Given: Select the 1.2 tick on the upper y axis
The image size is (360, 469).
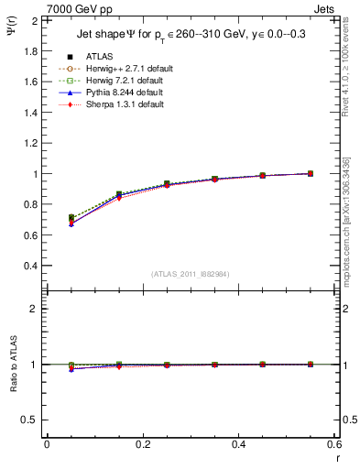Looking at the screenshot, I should pos(32,143).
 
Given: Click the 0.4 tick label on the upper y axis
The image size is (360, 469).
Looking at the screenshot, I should pos(32,266).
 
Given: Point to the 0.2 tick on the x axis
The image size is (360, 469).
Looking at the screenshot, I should pos(142,443).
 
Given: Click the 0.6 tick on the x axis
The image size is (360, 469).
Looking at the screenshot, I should pos(334,443).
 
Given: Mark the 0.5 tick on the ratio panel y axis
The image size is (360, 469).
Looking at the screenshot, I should pos(32,420).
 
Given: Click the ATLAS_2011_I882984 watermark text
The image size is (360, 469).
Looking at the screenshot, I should pos(191,273).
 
